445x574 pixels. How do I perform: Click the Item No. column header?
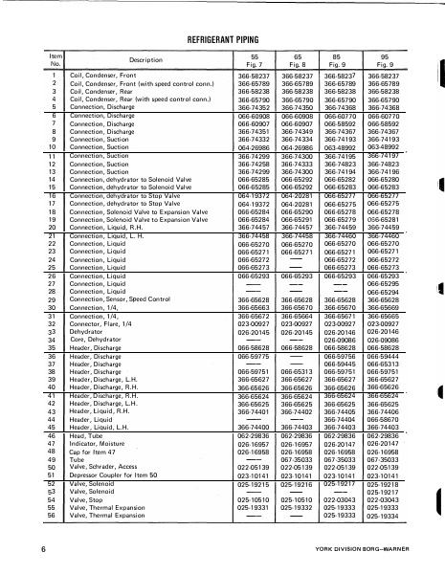coord(56,59)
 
